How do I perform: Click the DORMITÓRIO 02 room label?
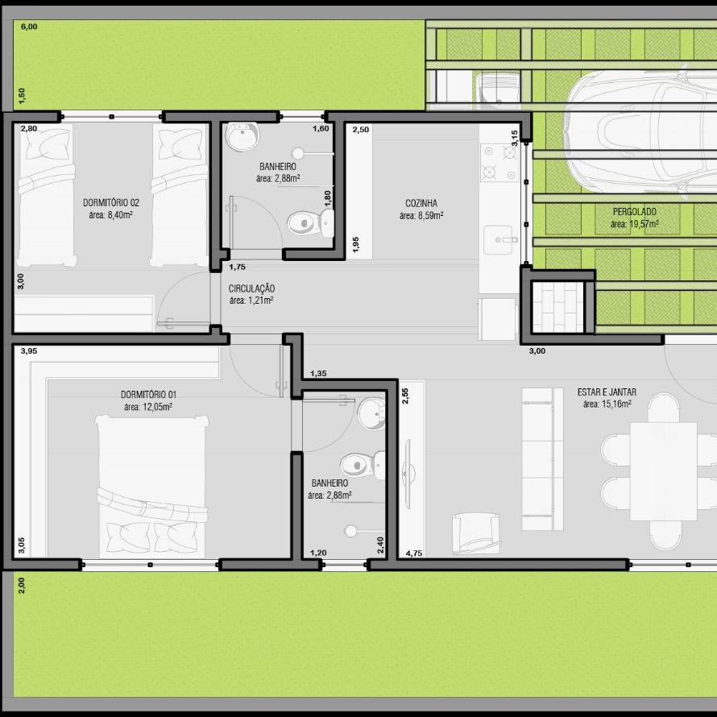111,202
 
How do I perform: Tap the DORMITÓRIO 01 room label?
148,394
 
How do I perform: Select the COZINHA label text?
421,203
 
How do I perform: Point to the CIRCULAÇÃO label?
251,288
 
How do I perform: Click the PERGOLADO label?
634,212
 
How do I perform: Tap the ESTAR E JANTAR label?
607,392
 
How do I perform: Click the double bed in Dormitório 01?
152,486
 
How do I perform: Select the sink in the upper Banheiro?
242,136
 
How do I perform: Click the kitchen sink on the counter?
498,239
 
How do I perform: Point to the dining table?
664,471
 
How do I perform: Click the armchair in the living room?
475,533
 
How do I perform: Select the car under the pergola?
640,131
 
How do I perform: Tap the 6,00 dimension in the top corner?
29,27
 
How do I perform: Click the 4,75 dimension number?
414,553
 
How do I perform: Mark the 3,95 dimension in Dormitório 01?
29,351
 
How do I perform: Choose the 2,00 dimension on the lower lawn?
22,586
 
